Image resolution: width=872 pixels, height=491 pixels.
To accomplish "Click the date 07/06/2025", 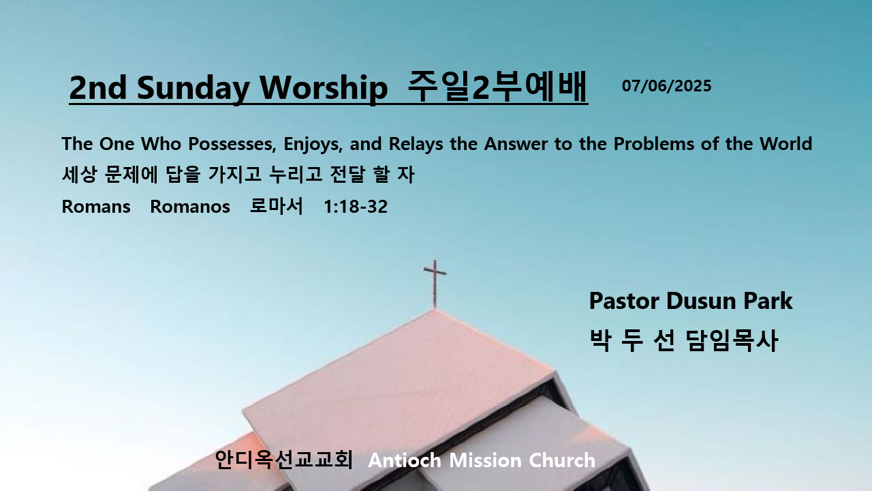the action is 666,86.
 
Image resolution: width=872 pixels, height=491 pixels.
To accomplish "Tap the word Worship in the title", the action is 324,87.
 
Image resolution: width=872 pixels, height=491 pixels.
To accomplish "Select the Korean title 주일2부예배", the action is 497,87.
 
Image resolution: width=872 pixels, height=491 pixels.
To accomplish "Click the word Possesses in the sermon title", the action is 232,144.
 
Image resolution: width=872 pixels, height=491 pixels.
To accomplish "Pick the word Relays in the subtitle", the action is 416,145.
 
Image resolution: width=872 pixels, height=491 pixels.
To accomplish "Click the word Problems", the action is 653,144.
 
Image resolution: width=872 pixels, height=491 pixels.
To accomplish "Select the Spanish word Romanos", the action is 190,207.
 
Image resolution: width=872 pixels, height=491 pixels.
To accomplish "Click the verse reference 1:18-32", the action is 356,207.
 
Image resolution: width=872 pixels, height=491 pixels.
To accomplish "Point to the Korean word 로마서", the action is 276,206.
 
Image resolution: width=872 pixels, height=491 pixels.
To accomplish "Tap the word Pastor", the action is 625,301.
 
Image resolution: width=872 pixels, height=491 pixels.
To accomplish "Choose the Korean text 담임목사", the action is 732,340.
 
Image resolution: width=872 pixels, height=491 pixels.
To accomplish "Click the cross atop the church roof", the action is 435,283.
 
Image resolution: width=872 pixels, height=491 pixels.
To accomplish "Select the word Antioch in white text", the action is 405,460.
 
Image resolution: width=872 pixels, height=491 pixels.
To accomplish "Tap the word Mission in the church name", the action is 486,460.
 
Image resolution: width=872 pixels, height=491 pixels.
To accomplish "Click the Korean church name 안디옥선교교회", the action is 284,460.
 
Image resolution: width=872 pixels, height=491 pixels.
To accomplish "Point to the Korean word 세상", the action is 79,174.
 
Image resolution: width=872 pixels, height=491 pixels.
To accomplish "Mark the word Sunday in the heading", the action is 193,89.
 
